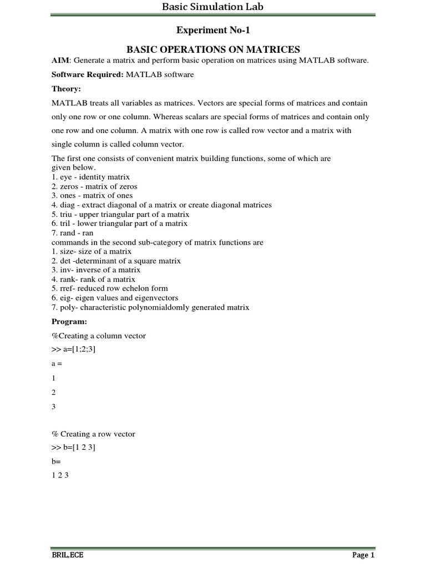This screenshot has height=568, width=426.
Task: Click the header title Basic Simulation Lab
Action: (x=212, y=7)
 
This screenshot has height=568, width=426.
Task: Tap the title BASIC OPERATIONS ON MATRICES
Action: (x=212, y=49)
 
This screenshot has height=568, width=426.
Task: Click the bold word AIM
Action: (x=60, y=60)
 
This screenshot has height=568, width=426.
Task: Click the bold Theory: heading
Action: (x=66, y=89)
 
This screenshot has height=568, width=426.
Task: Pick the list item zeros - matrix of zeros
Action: (x=94, y=186)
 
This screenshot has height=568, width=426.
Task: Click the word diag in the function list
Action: (x=67, y=205)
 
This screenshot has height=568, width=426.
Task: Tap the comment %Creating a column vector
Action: (x=99, y=336)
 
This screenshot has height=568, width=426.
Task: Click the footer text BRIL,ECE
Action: (x=68, y=555)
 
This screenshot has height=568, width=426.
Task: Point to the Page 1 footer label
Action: (x=363, y=555)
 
